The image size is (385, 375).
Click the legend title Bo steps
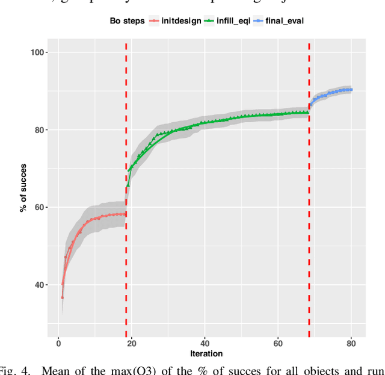pos(127,21)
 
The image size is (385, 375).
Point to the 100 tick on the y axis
pos(40,52)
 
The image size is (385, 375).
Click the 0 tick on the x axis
pos(58,344)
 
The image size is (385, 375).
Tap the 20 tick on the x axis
pos(131,344)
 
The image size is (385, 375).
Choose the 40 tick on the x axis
pos(205,344)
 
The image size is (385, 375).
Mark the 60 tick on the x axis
pos(278,344)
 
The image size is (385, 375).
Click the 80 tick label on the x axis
pos(351,344)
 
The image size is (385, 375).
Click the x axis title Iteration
pos(206,354)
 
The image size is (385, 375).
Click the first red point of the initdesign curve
pos(62,297)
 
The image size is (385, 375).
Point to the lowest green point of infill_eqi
pos(128,185)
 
